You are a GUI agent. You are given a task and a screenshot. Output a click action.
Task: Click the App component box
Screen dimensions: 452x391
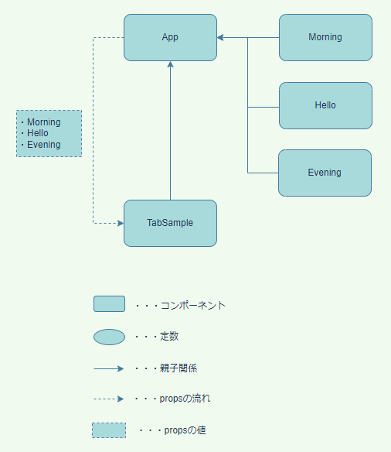click(x=170, y=37)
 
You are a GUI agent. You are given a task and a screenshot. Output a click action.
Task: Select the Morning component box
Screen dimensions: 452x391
click(x=325, y=37)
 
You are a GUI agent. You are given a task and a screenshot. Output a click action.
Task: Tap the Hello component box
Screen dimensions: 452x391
click(x=325, y=105)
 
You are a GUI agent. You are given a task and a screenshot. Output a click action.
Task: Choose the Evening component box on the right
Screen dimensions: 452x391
click(x=325, y=173)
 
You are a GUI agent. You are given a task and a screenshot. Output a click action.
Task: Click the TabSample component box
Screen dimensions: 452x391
click(x=170, y=223)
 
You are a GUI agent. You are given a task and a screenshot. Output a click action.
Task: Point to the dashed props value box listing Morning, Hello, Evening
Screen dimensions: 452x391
click(x=49, y=133)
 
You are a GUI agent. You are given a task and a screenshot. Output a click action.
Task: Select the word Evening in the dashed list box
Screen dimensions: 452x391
click(x=43, y=145)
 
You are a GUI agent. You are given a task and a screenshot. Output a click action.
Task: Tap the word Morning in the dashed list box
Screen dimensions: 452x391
click(x=43, y=122)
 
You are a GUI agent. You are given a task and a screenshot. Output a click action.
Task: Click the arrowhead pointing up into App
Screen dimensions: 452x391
click(x=170, y=66)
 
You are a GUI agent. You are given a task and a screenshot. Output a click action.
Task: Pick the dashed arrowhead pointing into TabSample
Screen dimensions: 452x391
click(x=120, y=223)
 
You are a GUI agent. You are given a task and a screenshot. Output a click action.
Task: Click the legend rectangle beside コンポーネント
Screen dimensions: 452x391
click(x=109, y=303)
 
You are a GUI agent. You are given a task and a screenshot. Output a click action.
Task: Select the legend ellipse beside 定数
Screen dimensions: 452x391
click(x=109, y=337)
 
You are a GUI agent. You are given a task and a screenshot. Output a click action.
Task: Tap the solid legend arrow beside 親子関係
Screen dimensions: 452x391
click(x=109, y=368)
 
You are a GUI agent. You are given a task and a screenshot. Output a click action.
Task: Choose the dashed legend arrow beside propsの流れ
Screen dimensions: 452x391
click(x=109, y=399)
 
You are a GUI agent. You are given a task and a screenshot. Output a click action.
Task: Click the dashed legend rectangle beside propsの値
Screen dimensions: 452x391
click(x=109, y=430)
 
